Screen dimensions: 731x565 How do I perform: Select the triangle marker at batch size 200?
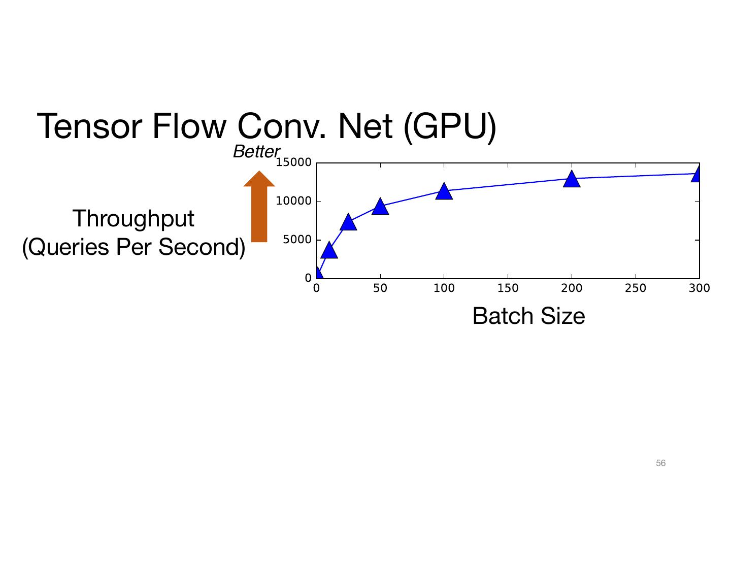pos(572,179)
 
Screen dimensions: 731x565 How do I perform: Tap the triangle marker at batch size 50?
pos(380,207)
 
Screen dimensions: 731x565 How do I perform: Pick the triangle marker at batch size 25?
pos(348,222)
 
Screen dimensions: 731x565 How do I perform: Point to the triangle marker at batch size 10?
pos(329,250)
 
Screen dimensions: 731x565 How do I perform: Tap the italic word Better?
pos(256,151)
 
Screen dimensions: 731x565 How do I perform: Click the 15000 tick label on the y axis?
pos(293,162)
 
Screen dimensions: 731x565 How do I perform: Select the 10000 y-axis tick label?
pos(293,201)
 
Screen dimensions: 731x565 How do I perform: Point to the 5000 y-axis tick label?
pos(297,240)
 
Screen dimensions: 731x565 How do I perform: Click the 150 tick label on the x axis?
pos(508,288)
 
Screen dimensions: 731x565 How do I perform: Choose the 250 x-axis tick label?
pos(636,288)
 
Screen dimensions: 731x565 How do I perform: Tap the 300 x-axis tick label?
pos(699,288)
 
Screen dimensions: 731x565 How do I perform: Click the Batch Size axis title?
pos(528,316)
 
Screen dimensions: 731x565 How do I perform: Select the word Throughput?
pos(134,219)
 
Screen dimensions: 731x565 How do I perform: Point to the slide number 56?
pos(660,463)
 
